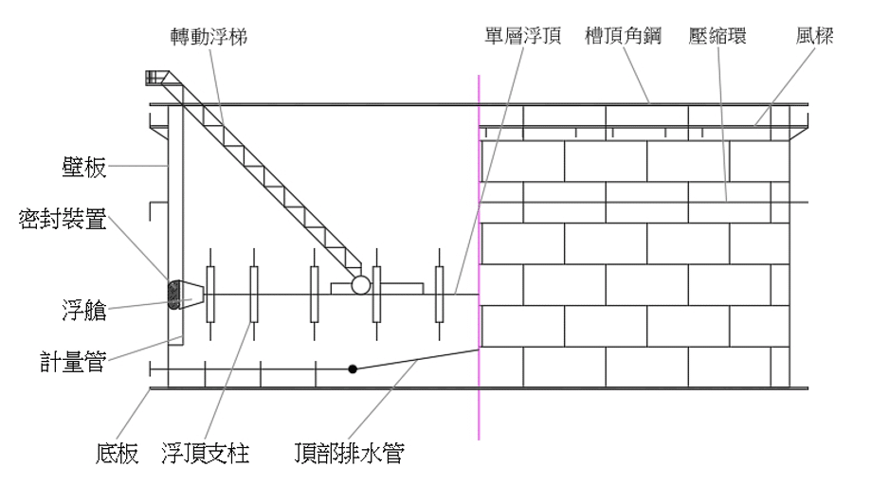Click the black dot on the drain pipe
[353, 368]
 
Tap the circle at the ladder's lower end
[359, 284]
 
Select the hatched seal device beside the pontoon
[173, 295]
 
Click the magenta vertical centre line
[480, 237]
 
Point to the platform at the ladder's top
[154, 78]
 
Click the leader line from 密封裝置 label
[142, 254]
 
